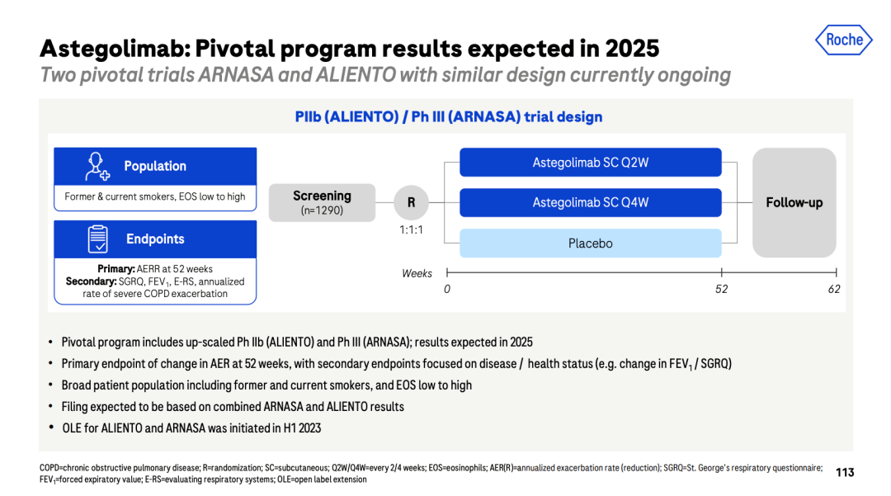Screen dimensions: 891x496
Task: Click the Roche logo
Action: pos(844,40)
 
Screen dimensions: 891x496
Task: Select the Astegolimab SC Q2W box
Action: pos(591,163)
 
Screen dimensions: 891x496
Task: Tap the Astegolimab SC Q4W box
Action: pos(591,203)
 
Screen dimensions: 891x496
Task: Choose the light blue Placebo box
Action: pos(591,243)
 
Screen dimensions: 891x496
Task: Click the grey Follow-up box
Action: pos(794,203)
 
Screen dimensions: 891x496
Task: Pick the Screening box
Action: pos(322,203)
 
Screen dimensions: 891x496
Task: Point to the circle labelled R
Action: pos(411,203)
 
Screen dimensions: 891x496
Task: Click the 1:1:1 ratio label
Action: pos(411,230)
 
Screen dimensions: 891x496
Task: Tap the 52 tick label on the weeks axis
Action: pos(721,289)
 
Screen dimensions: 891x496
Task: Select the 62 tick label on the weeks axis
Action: pos(833,289)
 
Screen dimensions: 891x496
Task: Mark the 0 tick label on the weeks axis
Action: pos(447,289)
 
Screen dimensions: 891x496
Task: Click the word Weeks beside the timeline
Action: pos(417,273)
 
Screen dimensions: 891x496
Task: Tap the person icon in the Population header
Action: pos(97,167)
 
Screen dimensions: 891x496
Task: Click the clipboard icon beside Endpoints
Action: pos(97,239)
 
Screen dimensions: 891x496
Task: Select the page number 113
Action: pos(845,472)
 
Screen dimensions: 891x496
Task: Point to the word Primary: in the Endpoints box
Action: pos(116,269)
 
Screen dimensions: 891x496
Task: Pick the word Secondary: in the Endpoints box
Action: pos(91,281)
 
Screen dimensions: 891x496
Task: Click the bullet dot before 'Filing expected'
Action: pos(50,407)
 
